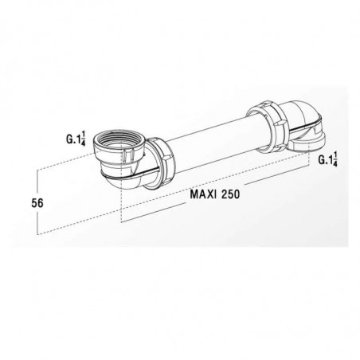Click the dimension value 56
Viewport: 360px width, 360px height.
(37, 203)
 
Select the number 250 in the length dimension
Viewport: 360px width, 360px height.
(230, 194)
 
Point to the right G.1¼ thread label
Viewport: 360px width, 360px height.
(328, 159)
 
